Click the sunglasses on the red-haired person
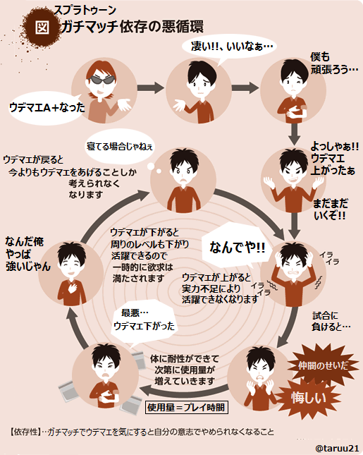pos(101,80)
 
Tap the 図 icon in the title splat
pos(42,28)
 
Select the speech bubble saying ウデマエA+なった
pos(47,108)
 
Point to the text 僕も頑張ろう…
pos(334,63)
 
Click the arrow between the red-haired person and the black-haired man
pos(150,88)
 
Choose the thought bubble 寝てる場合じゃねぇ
pos(119,147)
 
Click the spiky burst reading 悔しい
pos(308,398)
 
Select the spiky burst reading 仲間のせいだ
pos(323,365)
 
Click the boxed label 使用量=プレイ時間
pos(186,408)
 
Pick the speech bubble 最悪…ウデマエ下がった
pos(144,321)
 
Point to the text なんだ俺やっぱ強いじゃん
pos(27,254)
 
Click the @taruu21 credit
pos(337,448)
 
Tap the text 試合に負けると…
pos(331,321)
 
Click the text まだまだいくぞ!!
pos(330,210)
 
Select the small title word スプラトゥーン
pos(85,11)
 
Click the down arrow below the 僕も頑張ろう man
pos(294,134)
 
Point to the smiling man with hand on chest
pos(71,273)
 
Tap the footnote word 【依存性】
pos(25,432)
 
